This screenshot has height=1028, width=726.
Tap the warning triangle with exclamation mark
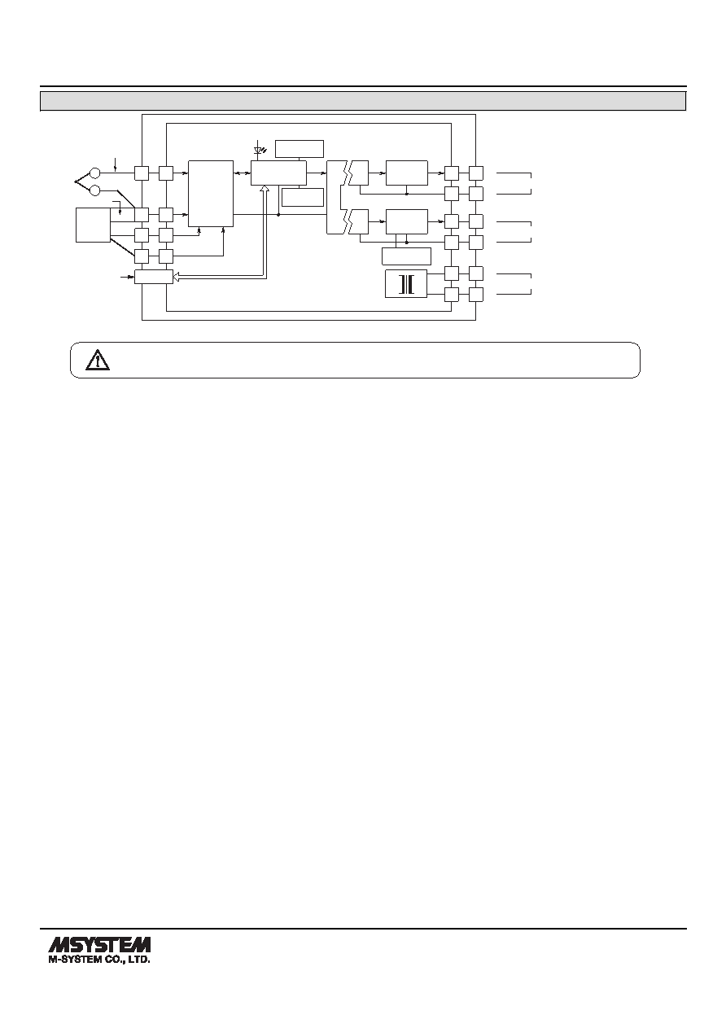pos(98,360)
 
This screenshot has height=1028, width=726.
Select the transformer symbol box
pos(405,284)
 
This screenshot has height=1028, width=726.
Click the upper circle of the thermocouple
pos(95,173)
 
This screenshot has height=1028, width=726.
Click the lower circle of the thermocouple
pos(95,190)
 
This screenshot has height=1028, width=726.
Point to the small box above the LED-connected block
pos(300,149)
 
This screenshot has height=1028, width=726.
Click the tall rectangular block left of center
pos(211,193)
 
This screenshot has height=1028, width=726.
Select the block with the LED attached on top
pos(278,173)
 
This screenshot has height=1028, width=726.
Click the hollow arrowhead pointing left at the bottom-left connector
pos(176,277)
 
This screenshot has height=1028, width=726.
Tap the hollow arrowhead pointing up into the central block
pos(265,189)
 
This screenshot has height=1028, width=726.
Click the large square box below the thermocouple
pos(93,225)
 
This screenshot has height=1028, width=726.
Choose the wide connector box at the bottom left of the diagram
pos(153,277)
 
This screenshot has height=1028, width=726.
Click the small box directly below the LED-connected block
pos(303,197)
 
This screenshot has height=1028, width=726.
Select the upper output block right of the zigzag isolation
pos(407,173)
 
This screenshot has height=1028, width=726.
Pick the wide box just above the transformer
pos(406,256)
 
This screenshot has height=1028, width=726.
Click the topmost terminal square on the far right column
pos(476,173)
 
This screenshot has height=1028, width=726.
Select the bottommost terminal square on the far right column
pos(476,295)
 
